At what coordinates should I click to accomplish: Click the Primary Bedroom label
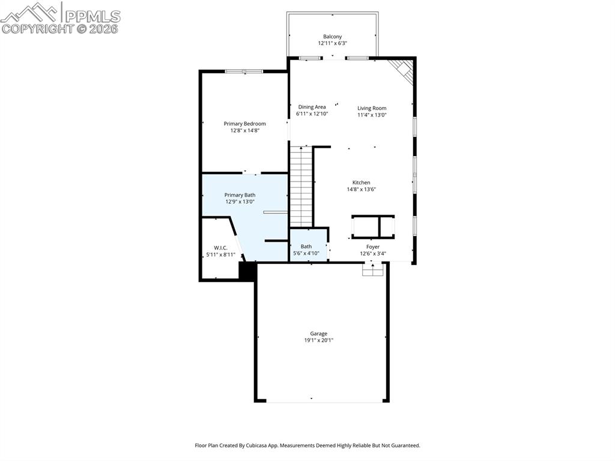(244, 124)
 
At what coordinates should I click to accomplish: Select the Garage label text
(318, 334)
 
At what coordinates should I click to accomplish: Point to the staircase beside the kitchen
(301, 186)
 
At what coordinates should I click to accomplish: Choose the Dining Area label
(312, 107)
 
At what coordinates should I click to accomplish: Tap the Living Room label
(372, 108)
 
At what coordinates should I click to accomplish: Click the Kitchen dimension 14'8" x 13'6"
(361, 189)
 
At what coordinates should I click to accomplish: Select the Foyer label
(373, 246)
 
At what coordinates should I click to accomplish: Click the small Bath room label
(306, 246)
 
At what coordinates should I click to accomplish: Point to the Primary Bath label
(240, 195)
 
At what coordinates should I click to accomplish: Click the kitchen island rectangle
(373, 226)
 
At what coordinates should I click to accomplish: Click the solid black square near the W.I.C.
(247, 271)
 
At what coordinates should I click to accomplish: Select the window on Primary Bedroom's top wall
(244, 72)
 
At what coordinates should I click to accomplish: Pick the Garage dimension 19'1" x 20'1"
(318, 340)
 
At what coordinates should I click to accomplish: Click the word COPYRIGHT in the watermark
(37, 28)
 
